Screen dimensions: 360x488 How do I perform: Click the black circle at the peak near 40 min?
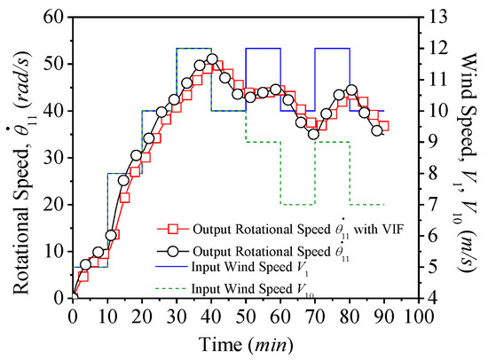click(x=212, y=59)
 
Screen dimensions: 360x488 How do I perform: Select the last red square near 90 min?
click(x=383, y=126)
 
